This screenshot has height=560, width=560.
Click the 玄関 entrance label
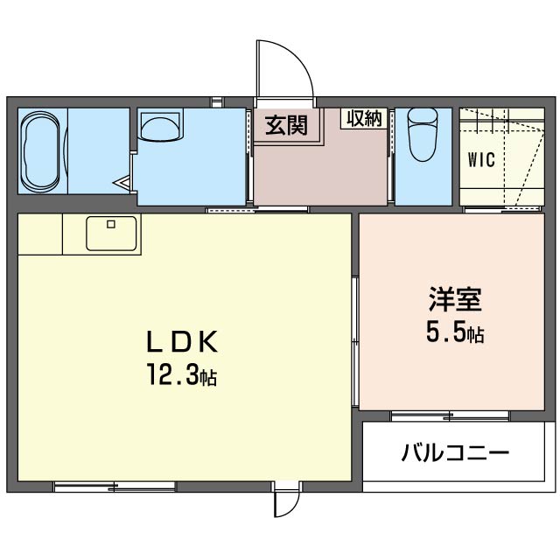point(286,126)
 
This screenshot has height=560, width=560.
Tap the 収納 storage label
point(365,119)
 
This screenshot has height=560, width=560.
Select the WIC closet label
point(481,159)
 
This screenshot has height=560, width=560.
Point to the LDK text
point(182,342)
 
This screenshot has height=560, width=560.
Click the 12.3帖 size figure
point(182,374)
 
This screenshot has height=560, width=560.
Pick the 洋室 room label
point(455,299)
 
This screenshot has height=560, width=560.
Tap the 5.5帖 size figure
point(455,332)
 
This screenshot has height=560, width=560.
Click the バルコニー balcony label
point(455,453)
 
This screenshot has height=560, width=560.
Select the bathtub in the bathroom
point(40,151)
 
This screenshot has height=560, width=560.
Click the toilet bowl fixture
point(423,135)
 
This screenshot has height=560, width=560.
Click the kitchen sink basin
point(111,234)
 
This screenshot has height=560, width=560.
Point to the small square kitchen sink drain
point(111,224)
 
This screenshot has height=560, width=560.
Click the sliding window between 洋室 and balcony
point(450,416)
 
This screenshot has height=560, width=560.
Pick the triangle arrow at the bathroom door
point(122,183)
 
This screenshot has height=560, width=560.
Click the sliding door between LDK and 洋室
point(354,342)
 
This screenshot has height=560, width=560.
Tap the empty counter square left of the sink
point(40,234)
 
